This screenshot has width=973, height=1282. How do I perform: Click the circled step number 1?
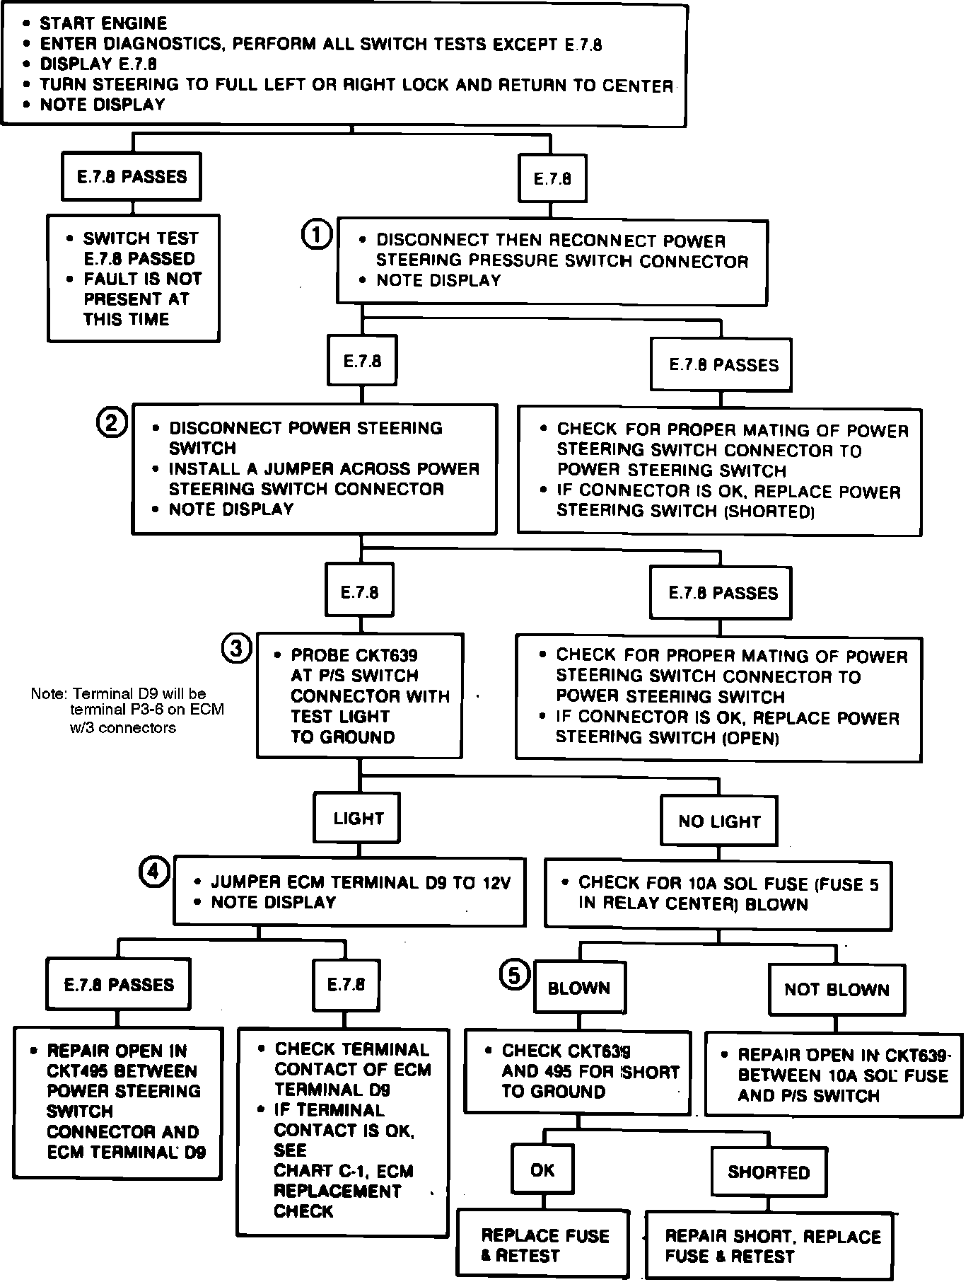[316, 234]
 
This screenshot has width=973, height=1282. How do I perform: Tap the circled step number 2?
[111, 423]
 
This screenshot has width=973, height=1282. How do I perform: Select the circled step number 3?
[236, 648]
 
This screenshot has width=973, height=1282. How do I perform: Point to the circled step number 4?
[154, 872]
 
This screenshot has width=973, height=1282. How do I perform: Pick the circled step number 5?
[514, 974]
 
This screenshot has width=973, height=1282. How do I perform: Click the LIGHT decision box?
[358, 819]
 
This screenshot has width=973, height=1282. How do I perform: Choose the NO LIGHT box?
[718, 821]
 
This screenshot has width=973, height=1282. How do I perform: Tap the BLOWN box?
[579, 988]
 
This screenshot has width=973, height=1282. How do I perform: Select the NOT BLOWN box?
[837, 990]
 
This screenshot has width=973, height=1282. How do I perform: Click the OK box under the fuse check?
[542, 1170]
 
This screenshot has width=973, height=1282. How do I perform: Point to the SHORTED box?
[769, 1172]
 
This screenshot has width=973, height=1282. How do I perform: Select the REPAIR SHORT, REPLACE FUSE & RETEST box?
[770, 1247]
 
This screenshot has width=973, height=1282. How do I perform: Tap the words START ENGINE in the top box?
[103, 23]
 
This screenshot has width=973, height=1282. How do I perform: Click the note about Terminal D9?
[127, 710]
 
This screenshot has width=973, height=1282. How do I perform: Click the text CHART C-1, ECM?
[344, 1171]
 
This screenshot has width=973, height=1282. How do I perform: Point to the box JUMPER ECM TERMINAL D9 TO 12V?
[349, 892]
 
